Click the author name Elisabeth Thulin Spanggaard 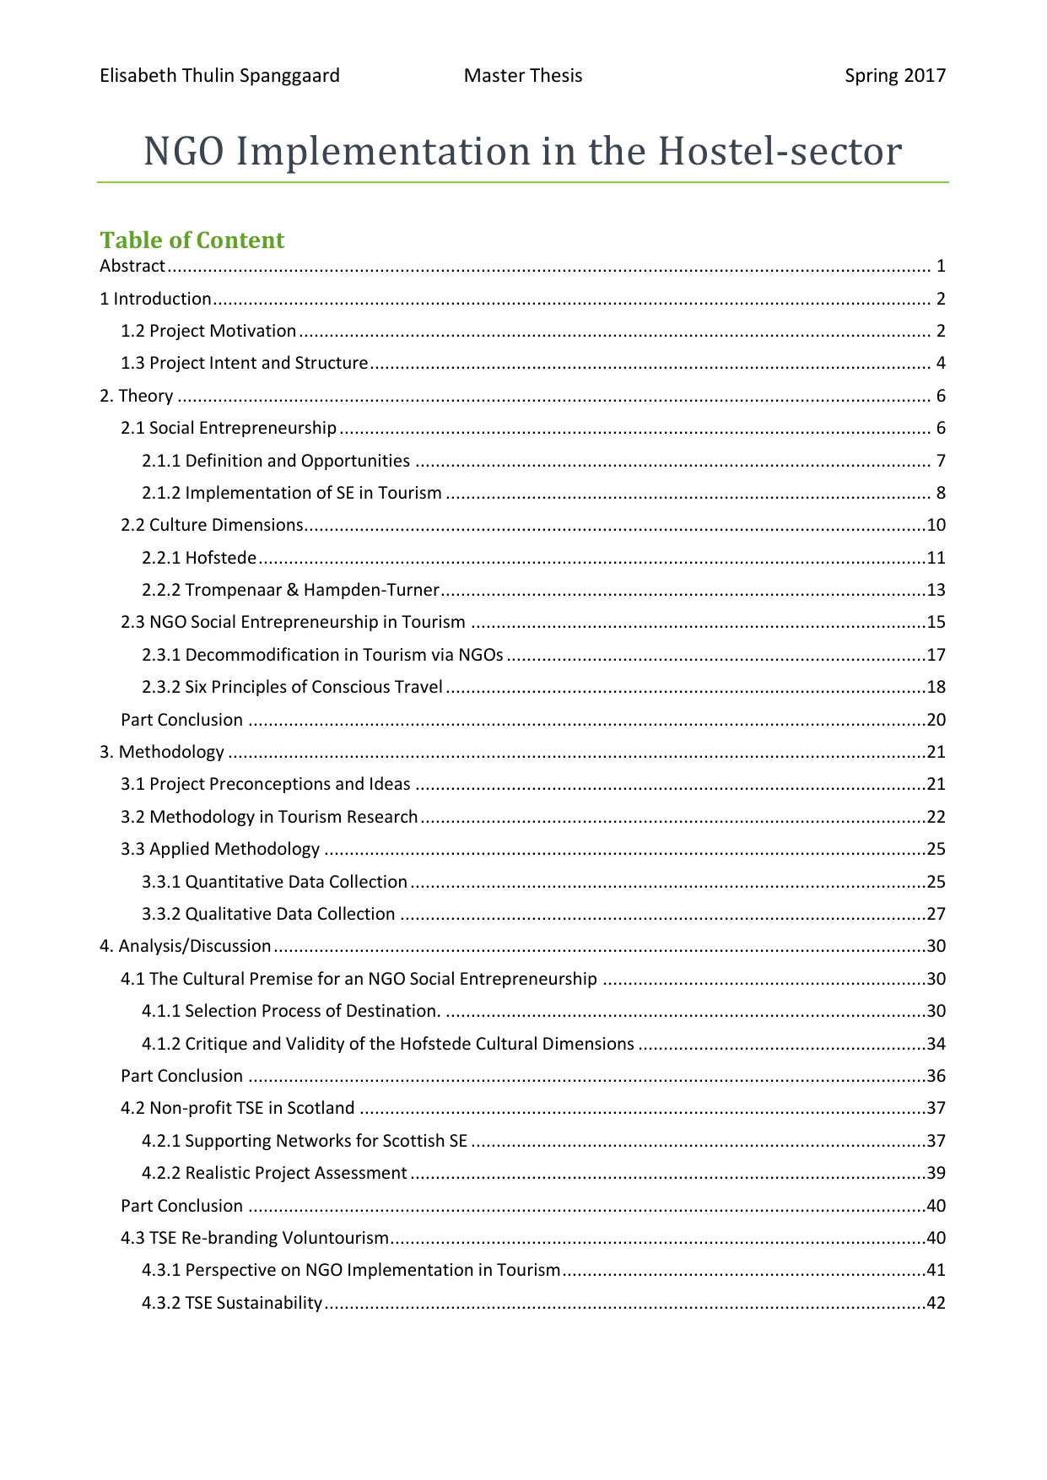(219, 76)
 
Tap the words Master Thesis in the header (523, 76)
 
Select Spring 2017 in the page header (895, 76)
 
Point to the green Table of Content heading (192, 240)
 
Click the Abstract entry (132, 267)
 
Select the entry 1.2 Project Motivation (208, 331)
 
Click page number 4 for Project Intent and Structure (940, 364)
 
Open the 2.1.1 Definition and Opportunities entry (276, 461)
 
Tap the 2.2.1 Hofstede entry (199, 558)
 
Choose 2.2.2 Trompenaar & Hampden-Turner (290, 590)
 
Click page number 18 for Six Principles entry (936, 687)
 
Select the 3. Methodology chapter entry (162, 752)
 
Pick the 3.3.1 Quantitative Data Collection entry (274, 882)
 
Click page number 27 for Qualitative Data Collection (936, 914)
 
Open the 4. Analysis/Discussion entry (186, 946)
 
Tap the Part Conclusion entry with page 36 (181, 1076)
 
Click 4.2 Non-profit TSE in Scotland (237, 1108)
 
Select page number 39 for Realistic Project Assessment (936, 1173)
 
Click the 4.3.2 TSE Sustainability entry (232, 1303)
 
